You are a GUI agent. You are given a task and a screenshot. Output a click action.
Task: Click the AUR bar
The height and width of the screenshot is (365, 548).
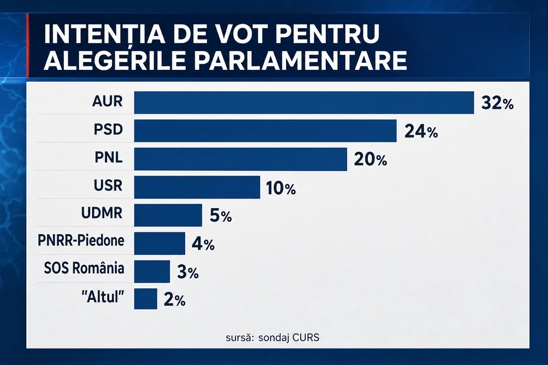304,103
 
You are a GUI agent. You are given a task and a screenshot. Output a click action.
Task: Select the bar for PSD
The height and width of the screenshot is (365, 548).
265,131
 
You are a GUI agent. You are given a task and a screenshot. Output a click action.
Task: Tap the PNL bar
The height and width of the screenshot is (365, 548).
241,159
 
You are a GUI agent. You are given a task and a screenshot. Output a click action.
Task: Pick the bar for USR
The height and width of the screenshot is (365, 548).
197,187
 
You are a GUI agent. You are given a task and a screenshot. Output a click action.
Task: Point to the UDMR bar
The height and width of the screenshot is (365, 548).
168,215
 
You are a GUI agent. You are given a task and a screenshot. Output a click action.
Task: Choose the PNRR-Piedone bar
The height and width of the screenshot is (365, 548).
160,243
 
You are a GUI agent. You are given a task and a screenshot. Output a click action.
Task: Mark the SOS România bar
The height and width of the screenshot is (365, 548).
152,271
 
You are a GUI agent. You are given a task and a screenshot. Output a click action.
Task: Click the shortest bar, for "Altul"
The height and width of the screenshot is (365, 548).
146,299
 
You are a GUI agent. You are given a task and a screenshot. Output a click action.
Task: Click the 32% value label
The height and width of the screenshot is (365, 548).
497,103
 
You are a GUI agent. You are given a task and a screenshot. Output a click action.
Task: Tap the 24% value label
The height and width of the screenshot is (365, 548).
421,131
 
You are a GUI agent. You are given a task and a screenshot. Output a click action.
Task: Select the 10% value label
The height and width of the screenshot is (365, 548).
281,188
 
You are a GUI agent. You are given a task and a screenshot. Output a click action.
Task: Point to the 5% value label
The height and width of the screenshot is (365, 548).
221,216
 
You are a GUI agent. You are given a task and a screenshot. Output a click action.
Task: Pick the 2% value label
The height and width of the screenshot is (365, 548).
174,300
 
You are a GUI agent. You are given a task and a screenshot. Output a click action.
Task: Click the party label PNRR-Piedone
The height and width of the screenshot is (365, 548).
81,240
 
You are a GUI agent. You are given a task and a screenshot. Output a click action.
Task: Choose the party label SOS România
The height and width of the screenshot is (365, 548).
84,268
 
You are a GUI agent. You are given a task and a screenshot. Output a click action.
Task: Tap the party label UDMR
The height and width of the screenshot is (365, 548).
102,213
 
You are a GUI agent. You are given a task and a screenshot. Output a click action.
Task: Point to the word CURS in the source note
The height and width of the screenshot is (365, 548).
306,338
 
